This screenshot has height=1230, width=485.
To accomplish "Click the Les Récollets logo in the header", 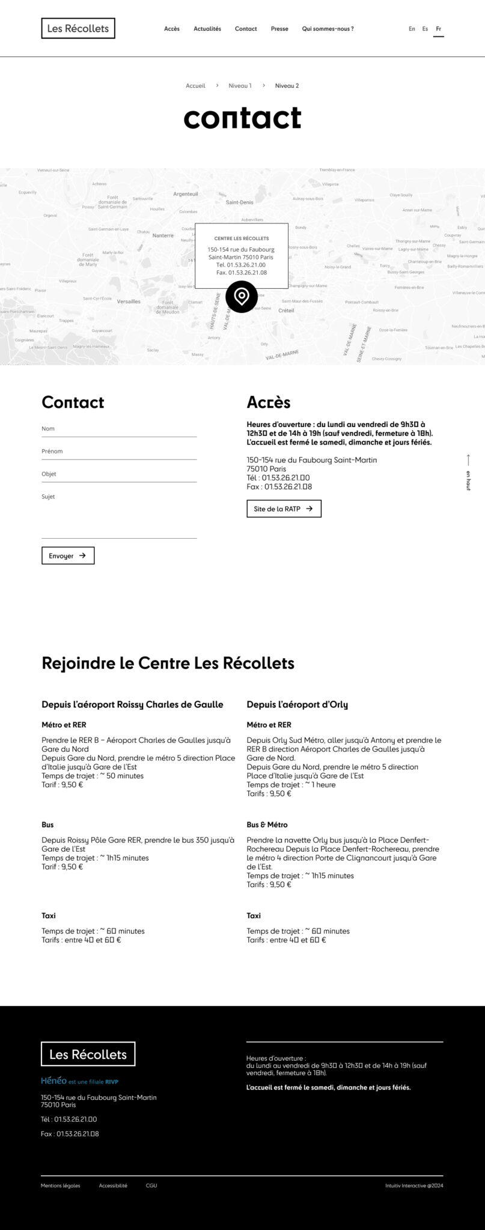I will click(78, 28).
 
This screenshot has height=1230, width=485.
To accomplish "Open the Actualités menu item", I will click(207, 29).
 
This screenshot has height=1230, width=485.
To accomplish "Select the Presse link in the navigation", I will click(279, 29).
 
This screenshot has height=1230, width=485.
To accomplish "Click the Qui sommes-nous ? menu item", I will click(328, 29).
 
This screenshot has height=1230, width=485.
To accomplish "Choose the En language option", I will click(412, 29).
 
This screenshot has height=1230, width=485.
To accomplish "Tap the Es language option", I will click(425, 29).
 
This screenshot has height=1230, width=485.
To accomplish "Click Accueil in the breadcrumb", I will click(195, 86).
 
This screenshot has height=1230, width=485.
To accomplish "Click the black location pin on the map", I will click(242, 296).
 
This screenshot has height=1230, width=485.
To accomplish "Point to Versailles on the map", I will click(129, 301).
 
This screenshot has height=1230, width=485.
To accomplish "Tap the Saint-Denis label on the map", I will click(239, 202).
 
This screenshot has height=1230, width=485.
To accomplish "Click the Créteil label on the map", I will click(286, 311).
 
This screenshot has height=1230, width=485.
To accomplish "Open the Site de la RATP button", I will click(284, 509).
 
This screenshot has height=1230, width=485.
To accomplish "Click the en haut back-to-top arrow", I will click(468, 471).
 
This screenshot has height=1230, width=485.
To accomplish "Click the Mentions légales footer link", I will click(60, 1186).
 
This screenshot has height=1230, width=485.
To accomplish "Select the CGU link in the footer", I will click(151, 1186).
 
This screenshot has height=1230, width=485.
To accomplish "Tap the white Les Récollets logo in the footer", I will click(88, 1054).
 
